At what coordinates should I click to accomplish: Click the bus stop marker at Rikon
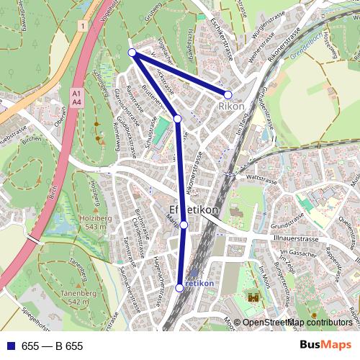228,94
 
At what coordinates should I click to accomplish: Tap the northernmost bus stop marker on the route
132,53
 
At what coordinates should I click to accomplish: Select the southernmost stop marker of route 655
179,288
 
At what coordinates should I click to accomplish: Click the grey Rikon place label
231,107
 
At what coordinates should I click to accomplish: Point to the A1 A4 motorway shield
76,98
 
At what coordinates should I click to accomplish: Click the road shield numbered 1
84,26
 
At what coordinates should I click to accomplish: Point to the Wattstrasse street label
262,176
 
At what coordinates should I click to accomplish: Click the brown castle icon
253,297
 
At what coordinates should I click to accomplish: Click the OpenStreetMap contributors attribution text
298,323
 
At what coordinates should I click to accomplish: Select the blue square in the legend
10,346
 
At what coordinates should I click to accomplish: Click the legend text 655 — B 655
52,346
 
